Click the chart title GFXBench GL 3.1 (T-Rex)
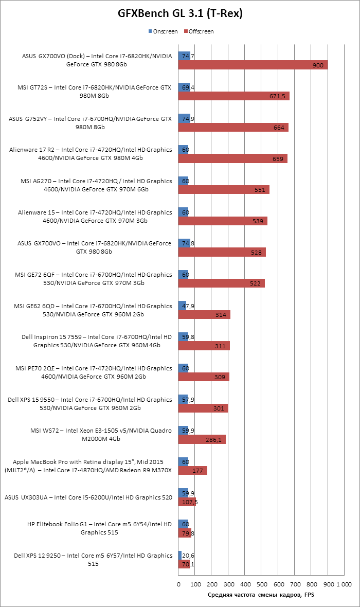point(180,14)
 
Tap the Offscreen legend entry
point(201,31)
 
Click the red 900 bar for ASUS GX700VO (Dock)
point(253,65)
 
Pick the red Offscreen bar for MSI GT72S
point(233,96)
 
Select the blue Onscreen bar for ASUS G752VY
point(184,118)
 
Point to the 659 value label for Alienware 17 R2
point(278,159)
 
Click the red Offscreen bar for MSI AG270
point(224,190)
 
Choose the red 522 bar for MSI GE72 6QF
point(221,283)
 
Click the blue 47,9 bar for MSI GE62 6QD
point(182,306)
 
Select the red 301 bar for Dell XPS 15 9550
point(203,408)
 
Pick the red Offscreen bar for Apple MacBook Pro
point(193,471)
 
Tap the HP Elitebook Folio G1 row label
point(99,528)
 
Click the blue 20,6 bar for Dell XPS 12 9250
point(180,556)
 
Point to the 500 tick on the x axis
point(261,584)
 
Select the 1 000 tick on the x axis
point(344,584)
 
